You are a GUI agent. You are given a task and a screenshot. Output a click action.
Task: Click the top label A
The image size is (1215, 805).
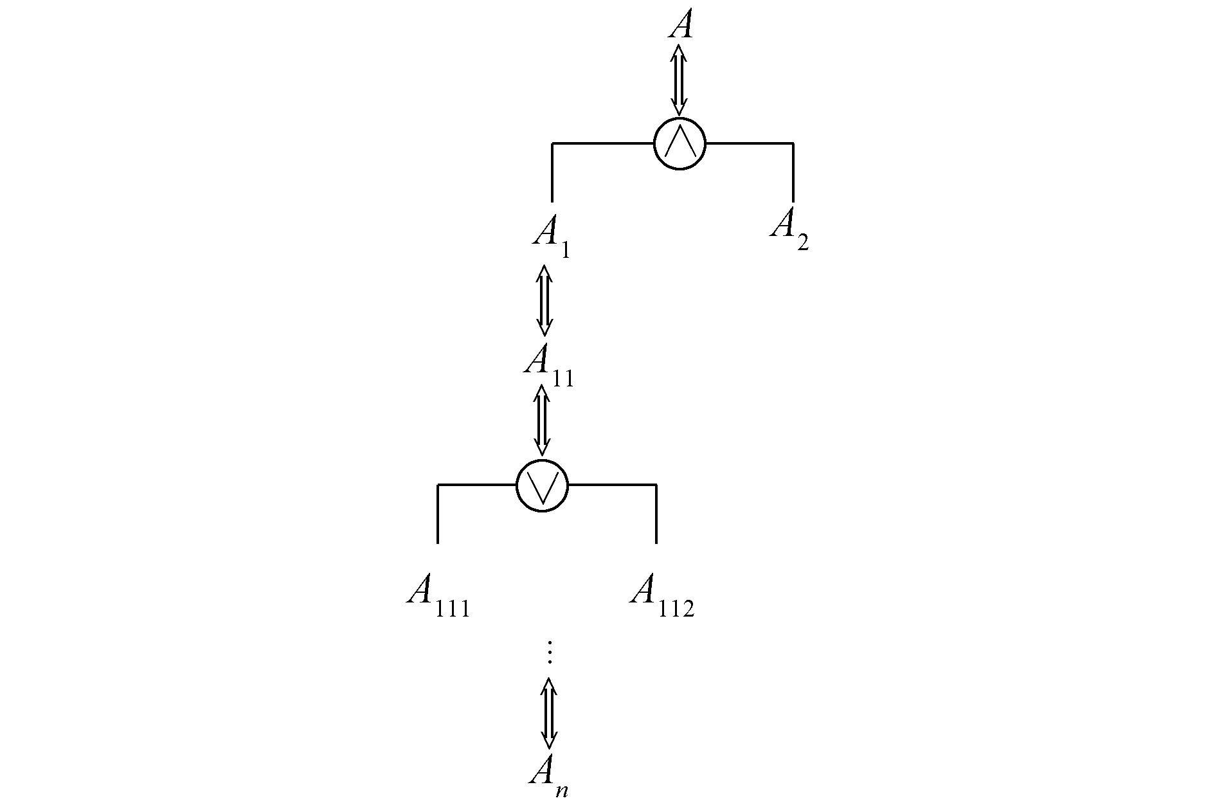click(x=681, y=25)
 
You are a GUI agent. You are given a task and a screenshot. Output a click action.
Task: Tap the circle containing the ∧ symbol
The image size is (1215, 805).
click(x=679, y=143)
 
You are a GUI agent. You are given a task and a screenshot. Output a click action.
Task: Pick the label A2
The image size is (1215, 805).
click(x=789, y=226)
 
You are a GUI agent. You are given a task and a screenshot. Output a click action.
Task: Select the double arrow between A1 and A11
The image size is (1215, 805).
click(x=544, y=300)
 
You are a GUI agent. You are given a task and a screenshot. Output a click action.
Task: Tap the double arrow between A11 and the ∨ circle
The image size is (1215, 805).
click(x=542, y=421)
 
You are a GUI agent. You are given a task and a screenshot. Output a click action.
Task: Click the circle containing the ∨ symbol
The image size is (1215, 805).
click(x=542, y=485)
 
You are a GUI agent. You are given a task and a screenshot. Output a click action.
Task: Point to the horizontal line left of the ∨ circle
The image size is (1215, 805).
click(x=477, y=484)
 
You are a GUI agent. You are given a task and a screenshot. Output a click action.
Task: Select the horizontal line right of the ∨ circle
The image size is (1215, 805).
click(x=612, y=484)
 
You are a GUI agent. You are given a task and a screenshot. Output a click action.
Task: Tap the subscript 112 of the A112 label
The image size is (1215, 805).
click(x=677, y=608)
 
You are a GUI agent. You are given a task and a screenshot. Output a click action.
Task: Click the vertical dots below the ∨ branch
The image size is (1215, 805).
click(x=549, y=652)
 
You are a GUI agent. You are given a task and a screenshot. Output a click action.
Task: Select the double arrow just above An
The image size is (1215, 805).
click(x=548, y=712)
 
